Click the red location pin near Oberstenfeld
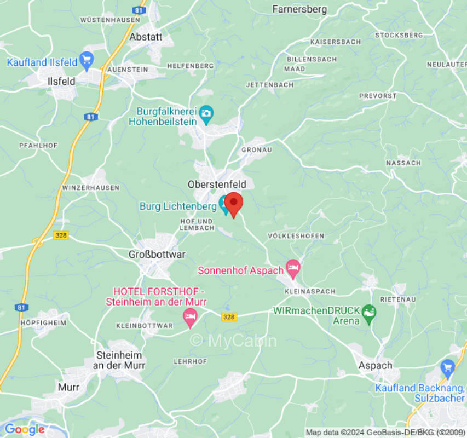[234, 204]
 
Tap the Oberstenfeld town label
[217, 185]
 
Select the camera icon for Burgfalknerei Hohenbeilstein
[206, 113]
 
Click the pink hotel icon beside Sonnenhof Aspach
[293, 268]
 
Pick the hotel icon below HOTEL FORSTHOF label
[190, 316]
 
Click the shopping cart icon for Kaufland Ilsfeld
[86, 59]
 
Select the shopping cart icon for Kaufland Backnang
[448, 366]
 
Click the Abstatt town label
[146, 37]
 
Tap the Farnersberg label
[299, 9]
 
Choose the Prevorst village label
[378, 96]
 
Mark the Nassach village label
[403, 163]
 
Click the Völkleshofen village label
[296, 236]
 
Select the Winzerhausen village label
[91, 188]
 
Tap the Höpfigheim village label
[43, 323]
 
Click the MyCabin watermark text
[234, 341]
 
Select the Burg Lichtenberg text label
[178, 206]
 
